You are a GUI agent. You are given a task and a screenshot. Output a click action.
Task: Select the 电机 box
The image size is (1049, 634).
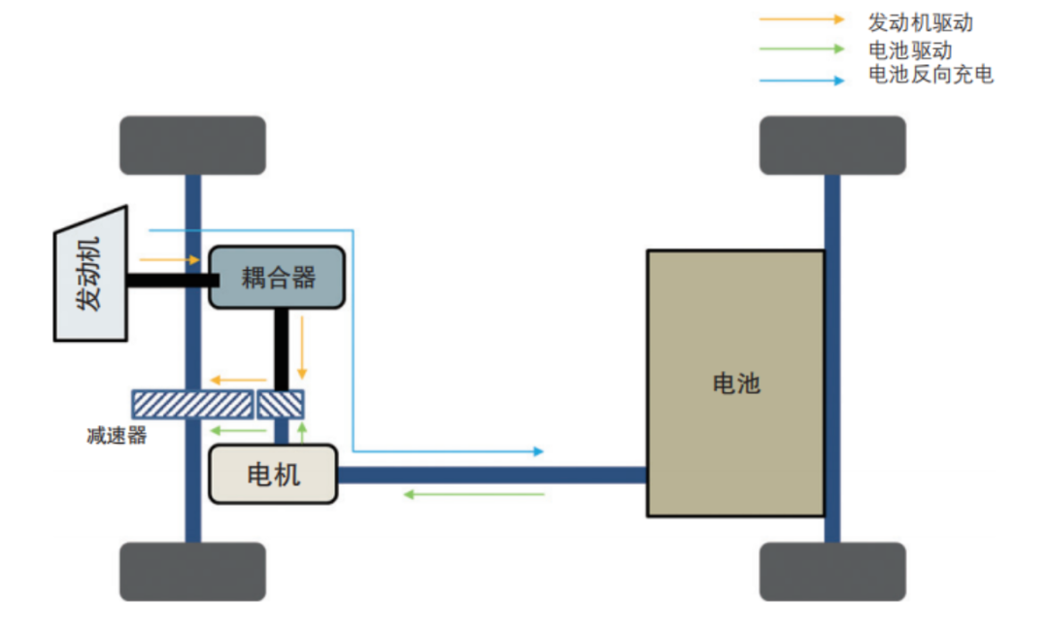click(x=273, y=474)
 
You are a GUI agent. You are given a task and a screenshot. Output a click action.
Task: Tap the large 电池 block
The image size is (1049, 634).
click(x=735, y=383)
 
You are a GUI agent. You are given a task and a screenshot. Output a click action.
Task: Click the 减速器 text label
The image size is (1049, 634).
click(x=117, y=436)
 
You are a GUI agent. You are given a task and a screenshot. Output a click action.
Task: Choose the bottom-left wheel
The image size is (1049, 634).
click(x=192, y=571)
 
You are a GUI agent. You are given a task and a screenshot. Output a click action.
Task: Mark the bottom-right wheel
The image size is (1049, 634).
click(x=832, y=571)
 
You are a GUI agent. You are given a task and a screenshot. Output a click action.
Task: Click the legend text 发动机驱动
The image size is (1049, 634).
click(x=920, y=22)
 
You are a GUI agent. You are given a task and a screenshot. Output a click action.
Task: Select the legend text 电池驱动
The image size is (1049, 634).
click(x=910, y=50)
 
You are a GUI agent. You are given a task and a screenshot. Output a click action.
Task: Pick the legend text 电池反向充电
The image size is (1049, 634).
click(x=931, y=75)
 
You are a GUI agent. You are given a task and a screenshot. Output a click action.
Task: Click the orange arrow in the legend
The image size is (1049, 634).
click(x=802, y=18)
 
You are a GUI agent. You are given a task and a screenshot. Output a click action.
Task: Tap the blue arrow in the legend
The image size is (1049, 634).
click(x=802, y=81)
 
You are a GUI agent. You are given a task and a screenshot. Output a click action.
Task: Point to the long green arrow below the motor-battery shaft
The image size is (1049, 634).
click(x=474, y=494)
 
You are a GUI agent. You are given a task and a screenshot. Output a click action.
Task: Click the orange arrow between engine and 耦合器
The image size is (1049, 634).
click(x=171, y=260)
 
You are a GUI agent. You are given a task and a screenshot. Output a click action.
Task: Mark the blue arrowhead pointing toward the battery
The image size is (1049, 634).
click(x=538, y=451)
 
